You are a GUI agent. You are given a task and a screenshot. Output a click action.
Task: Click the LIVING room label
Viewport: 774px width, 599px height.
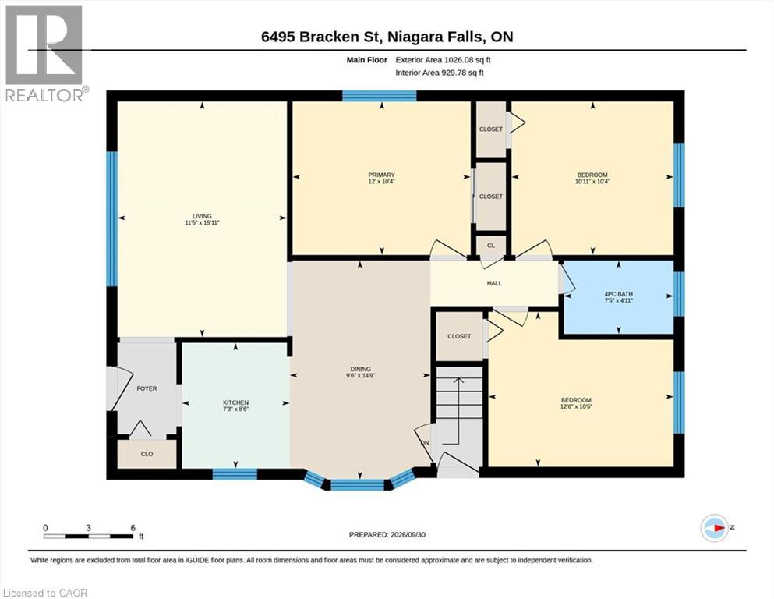(x=202, y=216)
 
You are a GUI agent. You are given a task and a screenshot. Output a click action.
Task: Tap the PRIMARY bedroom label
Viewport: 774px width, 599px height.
(x=382, y=175)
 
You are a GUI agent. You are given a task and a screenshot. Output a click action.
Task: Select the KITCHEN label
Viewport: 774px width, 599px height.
(x=236, y=402)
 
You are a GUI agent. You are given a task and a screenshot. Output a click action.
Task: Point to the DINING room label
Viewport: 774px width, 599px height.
(x=360, y=369)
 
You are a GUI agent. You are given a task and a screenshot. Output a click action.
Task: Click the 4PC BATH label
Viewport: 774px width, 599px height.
(x=619, y=294)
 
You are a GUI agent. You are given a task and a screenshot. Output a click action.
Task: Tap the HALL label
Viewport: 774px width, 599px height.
(x=494, y=283)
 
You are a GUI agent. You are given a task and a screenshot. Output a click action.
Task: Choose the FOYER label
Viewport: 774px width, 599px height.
(x=147, y=388)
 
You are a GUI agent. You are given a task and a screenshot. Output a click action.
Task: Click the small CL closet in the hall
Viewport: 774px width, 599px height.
(x=490, y=246)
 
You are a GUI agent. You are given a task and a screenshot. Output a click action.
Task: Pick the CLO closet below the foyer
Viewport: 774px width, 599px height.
(x=147, y=454)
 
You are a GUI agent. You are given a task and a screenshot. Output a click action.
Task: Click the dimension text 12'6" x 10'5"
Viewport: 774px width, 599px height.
(x=576, y=406)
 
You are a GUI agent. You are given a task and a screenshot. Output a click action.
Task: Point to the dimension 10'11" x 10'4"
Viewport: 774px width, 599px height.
(x=592, y=181)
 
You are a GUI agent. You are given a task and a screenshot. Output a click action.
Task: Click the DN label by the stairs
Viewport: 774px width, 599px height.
(x=425, y=443)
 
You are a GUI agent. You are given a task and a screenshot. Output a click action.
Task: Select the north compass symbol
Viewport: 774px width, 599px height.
(x=714, y=528)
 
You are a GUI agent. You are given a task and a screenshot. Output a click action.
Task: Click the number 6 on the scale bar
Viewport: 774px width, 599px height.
(x=133, y=528)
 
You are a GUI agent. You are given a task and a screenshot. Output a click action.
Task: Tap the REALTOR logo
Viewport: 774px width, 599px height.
(x=44, y=53)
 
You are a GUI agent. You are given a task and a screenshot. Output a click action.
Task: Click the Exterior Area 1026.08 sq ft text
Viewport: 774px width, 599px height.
(x=443, y=60)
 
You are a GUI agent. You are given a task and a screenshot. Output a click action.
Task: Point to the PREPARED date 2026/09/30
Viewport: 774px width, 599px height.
(x=387, y=534)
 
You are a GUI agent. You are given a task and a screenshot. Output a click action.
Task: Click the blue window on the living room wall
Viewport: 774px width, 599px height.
(x=112, y=218)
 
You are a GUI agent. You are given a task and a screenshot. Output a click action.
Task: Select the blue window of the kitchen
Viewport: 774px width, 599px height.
(x=235, y=474)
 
